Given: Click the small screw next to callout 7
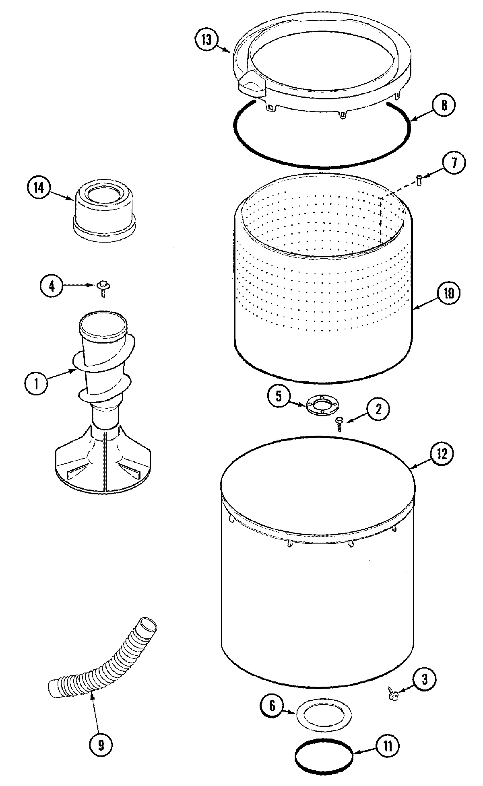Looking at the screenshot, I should [x=419, y=181].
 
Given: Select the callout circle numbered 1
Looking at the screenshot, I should [x=35, y=383].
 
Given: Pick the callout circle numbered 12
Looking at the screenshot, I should [x=441, y=454].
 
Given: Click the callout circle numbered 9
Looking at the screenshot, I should [x=100, y=745].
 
